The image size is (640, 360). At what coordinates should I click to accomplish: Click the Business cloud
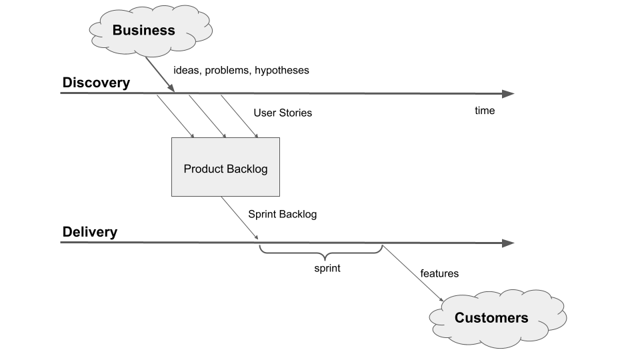pyautogui.click(x=144, y=30)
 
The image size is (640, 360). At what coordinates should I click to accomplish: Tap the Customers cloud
pyautogui.click(x=491, y=318)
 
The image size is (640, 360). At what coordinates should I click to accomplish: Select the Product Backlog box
pyautogui.click(x=225, y=167)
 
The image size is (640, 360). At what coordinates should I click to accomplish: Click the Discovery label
pyautogui.click(x=96, y=83)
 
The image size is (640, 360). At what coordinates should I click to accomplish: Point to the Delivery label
pyautogui.click(x=90, y=233)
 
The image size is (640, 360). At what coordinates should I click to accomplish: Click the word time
pyautogui.click(x=485, y=111)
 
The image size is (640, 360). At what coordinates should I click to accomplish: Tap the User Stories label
pyautogui.click(x=283, y=113)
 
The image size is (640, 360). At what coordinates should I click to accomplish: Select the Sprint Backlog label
pyautogui.click(x=282, y=215)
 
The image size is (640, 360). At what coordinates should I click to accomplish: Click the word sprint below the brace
pyautogui.click(x=327, y=269)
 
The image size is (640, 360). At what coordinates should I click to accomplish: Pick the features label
pyautogui.click(x=439, y=273)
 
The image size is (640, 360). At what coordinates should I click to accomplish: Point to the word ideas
pyautogui.click(x=187, y=70)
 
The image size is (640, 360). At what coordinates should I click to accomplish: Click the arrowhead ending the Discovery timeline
pyautogui.click(x=508, y=93)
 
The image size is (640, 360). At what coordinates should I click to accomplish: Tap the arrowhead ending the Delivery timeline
pyautogui.click(x=508, y=243)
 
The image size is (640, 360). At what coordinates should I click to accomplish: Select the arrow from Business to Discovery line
pyautogui.click(x=160, y=75)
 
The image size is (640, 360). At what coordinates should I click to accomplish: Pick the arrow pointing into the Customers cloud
pyautogui.click(x=413, y=274)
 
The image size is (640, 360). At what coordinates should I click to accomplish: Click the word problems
pyautogui.click(x=228, y=70)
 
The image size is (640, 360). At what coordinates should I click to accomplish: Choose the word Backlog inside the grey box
pyautogui.click(x=247, y=169)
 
